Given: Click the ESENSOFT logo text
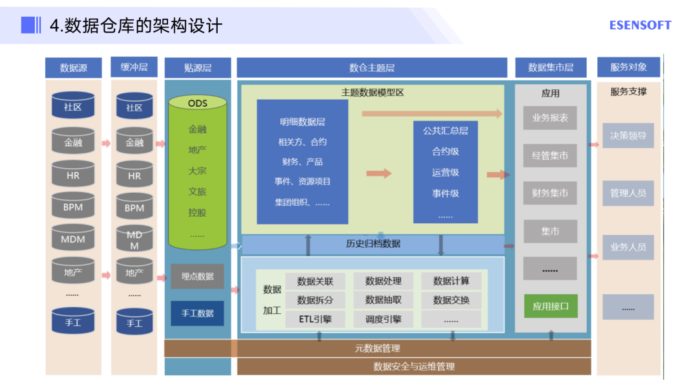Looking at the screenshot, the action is (x=640, y=25).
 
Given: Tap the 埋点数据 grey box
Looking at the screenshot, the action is (x=197, y=276).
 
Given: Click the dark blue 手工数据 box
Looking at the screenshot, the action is (x=197, y=313).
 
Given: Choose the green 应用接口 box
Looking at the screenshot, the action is (x=551, y=306).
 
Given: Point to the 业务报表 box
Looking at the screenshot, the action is (x=551, y=118).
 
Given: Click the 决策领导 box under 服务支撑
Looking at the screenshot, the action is (x=628, y=136).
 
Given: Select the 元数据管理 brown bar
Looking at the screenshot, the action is (x=377, y=349).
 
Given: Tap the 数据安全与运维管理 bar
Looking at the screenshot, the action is (x=414, y=366).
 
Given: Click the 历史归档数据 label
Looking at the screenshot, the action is (x=373, y=244).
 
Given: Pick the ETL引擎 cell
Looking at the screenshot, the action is (x=315, y=319).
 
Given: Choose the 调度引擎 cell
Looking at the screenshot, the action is (x=383, y=319).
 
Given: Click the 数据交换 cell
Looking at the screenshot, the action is (x=451, y=300).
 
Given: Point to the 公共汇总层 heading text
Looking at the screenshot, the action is (x=445, y=131).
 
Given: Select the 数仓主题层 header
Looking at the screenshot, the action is (x=372, y=67).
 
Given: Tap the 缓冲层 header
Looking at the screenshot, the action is (x=134, y=67).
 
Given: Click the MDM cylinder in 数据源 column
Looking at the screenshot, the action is (x=73, y=239).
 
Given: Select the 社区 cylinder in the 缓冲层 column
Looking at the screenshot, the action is (x=134, y=107).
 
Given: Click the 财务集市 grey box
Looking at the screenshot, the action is (x=551, y=193).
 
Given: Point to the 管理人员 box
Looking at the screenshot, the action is (x=628, y=193).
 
